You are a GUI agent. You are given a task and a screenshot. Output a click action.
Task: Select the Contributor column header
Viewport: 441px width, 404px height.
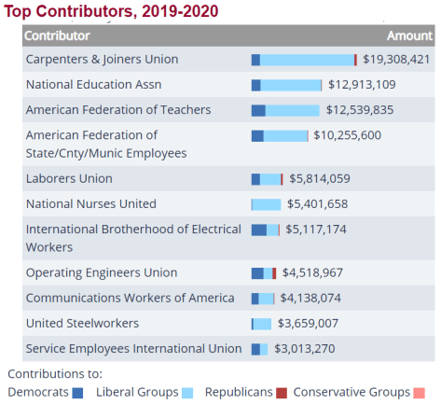click(57, 35)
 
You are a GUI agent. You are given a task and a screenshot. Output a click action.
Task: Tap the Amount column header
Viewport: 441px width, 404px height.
click(409, 35)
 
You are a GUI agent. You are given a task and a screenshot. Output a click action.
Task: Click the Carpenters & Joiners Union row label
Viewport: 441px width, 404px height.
click(102, 59)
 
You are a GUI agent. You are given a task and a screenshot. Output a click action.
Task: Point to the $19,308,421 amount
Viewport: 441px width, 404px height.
click(396, 59)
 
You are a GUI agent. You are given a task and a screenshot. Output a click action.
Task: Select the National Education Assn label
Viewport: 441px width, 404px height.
click(93, 84)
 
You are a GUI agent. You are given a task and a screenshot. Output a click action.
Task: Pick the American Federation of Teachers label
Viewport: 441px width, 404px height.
click(118, 109)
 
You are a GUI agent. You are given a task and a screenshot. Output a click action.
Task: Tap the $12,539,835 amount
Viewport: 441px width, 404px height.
click(360, 109)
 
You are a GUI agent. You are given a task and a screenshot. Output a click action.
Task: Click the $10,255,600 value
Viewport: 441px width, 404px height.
click(347, 135)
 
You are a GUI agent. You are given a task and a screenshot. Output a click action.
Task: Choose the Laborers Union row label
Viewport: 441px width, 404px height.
click(69, 178)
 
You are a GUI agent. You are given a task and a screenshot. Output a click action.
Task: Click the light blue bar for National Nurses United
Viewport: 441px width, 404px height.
click(267, 204)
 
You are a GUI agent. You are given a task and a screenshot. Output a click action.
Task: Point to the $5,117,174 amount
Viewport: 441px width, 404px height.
click(316, 229)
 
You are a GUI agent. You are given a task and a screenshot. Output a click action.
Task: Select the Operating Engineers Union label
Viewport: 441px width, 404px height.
click(101, 272)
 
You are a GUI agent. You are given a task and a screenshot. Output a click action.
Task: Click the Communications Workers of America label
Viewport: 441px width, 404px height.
click(130, 298)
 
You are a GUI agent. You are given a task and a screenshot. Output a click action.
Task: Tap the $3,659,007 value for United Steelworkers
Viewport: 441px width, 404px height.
click(308, 323)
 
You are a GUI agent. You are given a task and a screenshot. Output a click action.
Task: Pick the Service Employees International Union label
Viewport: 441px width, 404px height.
click(133, 348)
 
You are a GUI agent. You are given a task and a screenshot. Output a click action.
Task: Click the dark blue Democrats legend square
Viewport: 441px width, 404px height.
click(77, 393)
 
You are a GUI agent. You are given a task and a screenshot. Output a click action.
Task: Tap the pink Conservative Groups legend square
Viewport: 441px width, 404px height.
click(420, 393)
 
